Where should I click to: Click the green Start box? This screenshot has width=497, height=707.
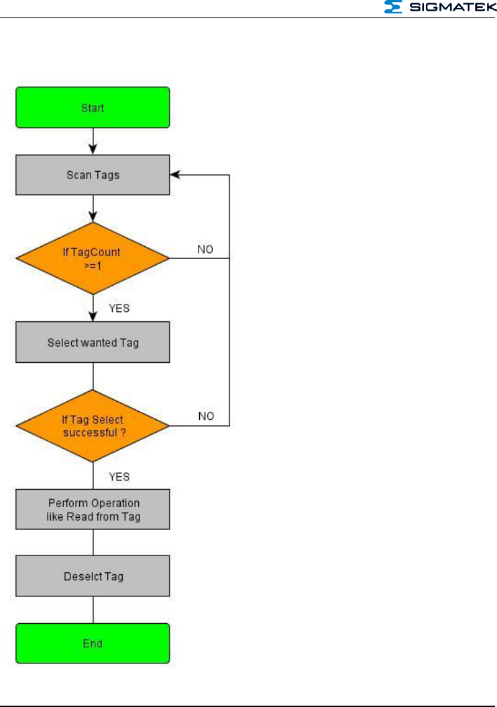[93, 107]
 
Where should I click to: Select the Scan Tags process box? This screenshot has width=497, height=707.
[93, 174]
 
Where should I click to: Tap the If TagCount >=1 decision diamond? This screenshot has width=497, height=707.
[93, 258]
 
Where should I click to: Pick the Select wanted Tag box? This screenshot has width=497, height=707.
[93, 342]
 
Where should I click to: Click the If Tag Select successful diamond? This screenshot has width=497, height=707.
[93, 426]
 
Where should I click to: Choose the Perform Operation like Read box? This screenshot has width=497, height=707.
[93, 510]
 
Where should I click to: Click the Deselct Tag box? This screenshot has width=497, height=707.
[93, 576]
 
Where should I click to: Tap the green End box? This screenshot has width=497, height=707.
[93, 643]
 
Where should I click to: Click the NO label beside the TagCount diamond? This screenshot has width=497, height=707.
[206, 250]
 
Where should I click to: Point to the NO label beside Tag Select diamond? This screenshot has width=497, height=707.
[206, 417]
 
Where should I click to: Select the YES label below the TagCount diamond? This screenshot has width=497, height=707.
[119, 309]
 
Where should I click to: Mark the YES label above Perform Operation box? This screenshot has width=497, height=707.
[119, 477]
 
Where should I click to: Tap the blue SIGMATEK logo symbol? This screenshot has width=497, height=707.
[392, 7]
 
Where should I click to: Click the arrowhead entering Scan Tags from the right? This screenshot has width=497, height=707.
[174, 174]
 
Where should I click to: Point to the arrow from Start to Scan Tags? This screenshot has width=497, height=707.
[93, 141]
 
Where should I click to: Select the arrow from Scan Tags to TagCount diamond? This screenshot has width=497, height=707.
[93, 208]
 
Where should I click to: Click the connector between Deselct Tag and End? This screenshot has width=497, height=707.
[93, 610]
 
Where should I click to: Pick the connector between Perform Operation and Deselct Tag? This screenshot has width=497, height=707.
[93, 543]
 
